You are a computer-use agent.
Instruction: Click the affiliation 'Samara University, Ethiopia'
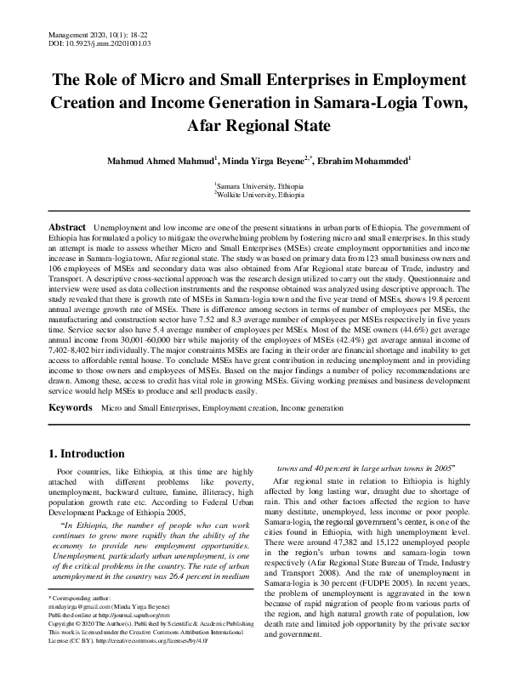click(x=254, y=185)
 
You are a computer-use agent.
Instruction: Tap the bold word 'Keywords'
click(x=70, y=408)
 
